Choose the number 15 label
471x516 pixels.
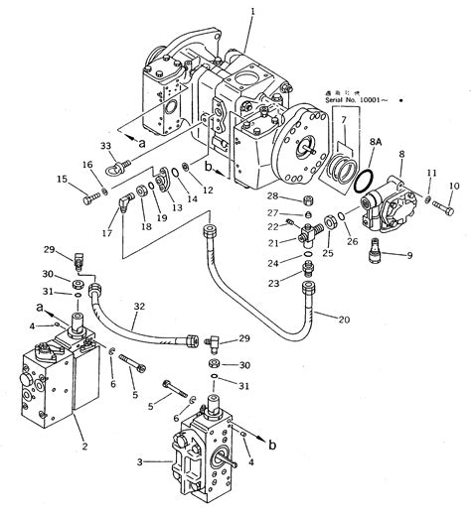coord(62,180)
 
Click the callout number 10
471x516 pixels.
coord(455,186)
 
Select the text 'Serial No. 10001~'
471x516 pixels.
coord(362,100)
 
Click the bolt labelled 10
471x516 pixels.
coord(440,204)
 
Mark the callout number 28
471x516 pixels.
coord(271,197)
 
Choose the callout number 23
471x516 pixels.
coord(271,283)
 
